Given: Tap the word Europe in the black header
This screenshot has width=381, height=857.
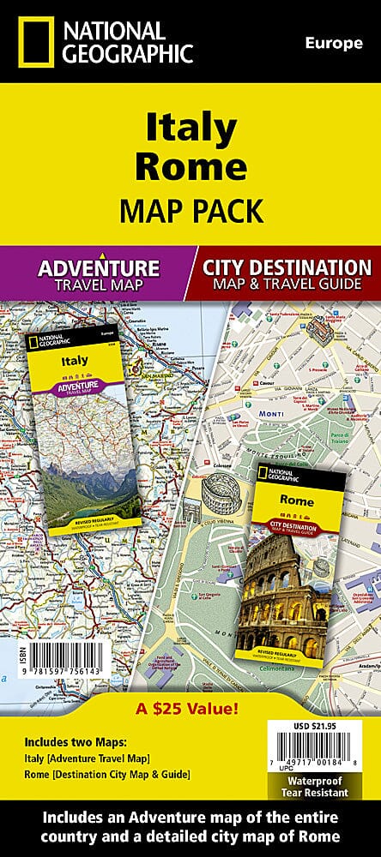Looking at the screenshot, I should pyautogui.click(x=334, y=44).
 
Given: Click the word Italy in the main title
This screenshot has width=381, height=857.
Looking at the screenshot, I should pyautogui.click(x=190, y=129).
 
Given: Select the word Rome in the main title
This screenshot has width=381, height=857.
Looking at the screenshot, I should pyautogui.click(x=190, y=166).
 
